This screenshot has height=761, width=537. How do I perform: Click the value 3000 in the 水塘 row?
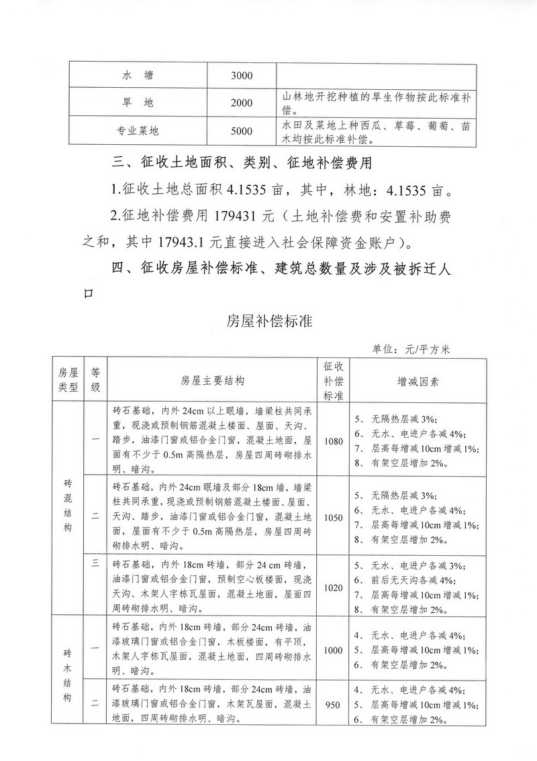pyautogui.click(x=241, y=75)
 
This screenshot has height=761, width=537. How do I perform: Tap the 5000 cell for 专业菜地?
pyautogui.click(x=241, y=131)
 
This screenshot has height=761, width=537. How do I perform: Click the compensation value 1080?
pyautogui.click(x=334, y=441)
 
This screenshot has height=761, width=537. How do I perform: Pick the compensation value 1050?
pyautogui.click(x=334, y=518)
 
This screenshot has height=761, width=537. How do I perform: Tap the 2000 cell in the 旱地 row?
pyautogui.click(x=241, y=103)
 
